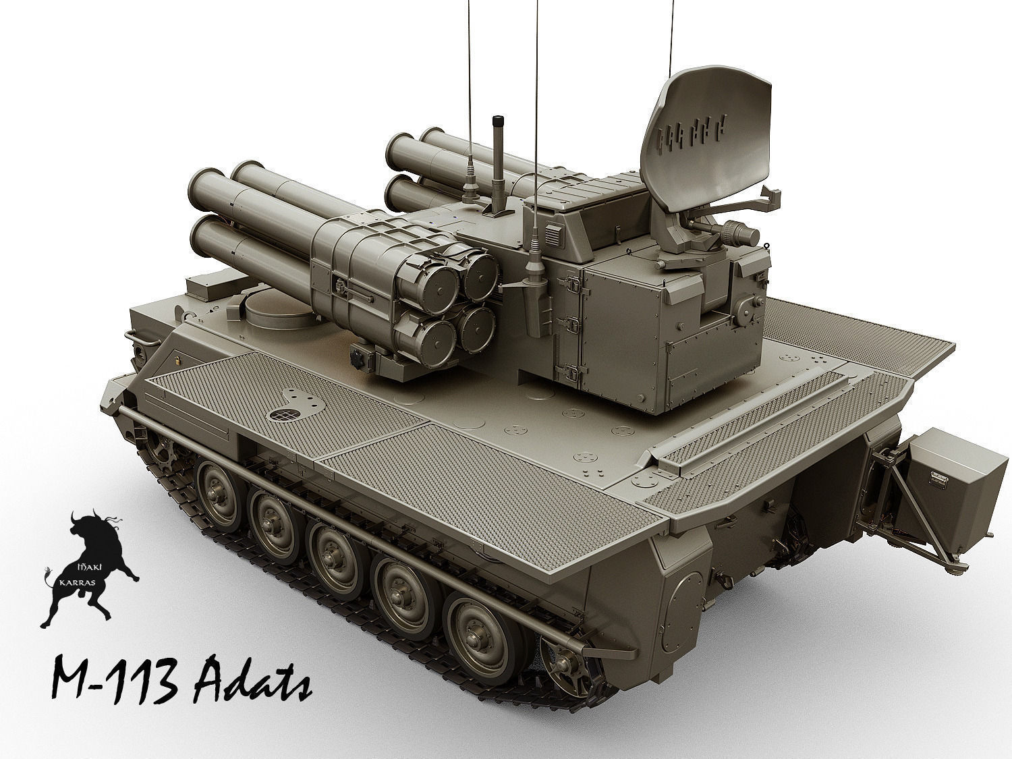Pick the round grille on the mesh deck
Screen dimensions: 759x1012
(284, 415)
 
